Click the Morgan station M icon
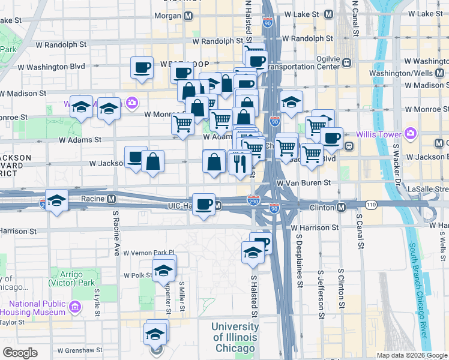click(188, 15)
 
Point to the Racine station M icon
click(111, 198)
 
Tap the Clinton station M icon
click(340, 207)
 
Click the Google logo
click(19, 353)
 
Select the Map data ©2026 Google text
click(411, 355)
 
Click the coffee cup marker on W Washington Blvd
click(142, 67)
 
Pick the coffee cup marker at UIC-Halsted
click(204, 204)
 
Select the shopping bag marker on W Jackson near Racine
click(153, 161)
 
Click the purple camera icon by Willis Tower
click(411, 133)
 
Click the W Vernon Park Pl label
click(148, 253)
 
